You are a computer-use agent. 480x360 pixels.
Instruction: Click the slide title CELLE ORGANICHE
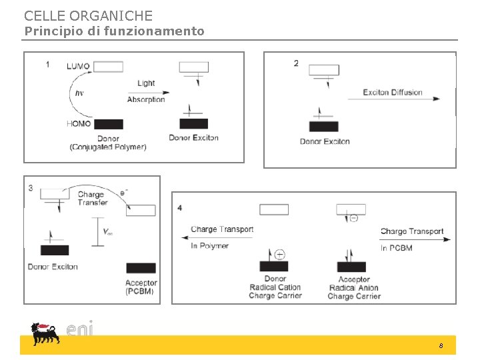[88, 15]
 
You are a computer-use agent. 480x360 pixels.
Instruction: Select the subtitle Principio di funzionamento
[114, 31]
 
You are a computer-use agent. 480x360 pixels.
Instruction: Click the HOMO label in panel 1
[79, 124]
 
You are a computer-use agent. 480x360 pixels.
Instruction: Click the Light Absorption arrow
[148, 92]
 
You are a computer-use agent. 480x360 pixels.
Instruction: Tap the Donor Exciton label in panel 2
[325, 141]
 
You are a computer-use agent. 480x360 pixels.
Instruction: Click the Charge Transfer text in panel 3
[93, 199]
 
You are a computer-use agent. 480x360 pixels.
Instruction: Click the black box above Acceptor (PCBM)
[141, 268]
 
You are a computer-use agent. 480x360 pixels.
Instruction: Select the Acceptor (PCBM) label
[141, 287]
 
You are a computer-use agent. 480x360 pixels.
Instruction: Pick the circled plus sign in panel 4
[279, 254]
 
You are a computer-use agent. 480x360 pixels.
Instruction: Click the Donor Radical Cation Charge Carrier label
[275, 287]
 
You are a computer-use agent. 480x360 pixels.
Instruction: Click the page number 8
[441, 346]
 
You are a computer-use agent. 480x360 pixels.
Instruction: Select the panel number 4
[180, 207]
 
